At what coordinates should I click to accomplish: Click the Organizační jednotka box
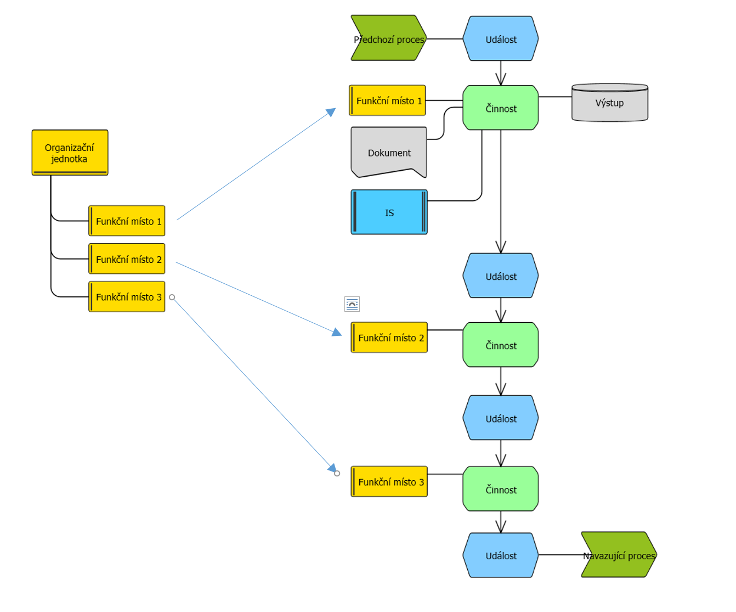(x=70, y=153)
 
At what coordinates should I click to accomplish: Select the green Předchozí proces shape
(x=388, y=38)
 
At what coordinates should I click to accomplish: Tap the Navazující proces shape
(x=619, y=554)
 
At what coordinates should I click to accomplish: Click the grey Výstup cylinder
(x=609, y=103)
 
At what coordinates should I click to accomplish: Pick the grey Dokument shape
(x=389, y=152)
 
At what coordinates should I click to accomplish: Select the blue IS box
(x=389, y=212)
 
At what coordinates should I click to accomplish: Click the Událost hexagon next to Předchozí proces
(x=501, y=38)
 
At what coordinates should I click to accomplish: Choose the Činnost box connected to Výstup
(x=501, y=108)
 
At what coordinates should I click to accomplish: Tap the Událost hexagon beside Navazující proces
(x=501, y=555)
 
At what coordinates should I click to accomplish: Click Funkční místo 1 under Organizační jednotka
(x=127, y=221)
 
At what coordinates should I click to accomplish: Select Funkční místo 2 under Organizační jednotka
(x=127, y=259)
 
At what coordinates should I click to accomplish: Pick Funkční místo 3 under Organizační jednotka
(x=127, y=296)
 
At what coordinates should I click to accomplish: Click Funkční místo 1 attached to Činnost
(x=387, y=100)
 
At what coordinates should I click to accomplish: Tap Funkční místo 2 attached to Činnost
(x=389, y=337)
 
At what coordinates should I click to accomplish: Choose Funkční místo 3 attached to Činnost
(x=389, y=481)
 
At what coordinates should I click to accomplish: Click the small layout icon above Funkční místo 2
(x=352, y=304)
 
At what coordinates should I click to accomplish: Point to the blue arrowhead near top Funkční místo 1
(x=331, y=112)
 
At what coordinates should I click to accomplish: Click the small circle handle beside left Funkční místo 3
(x=172, y=297)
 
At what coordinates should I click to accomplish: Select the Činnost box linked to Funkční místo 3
(x=501, y=489)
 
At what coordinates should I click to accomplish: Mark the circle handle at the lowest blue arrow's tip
(x=337, y=473)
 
